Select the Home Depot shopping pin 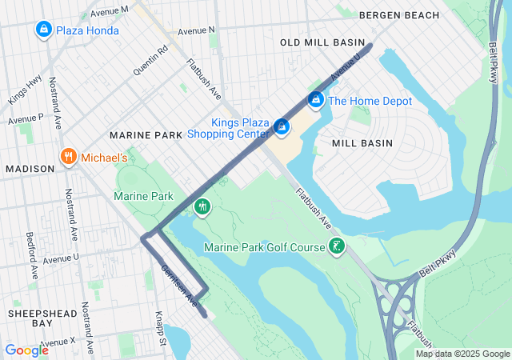pyautogui.click(x=316, y=101)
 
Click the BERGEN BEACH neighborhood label pyautogui.click(x=399, y=15)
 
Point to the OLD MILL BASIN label pyautogui.click(x=322, y=42)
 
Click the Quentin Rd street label pyautogui.click(x=150, y=59)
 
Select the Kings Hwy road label pyautogui.click(x=24, y=90)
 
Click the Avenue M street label pyautogui.click(x=110, y=11)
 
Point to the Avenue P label pyautogui.click(x=26, y=118)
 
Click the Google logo pyautogui.click(x=26, y=350)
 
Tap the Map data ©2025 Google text pyautogui.click(x=462, y=354)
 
